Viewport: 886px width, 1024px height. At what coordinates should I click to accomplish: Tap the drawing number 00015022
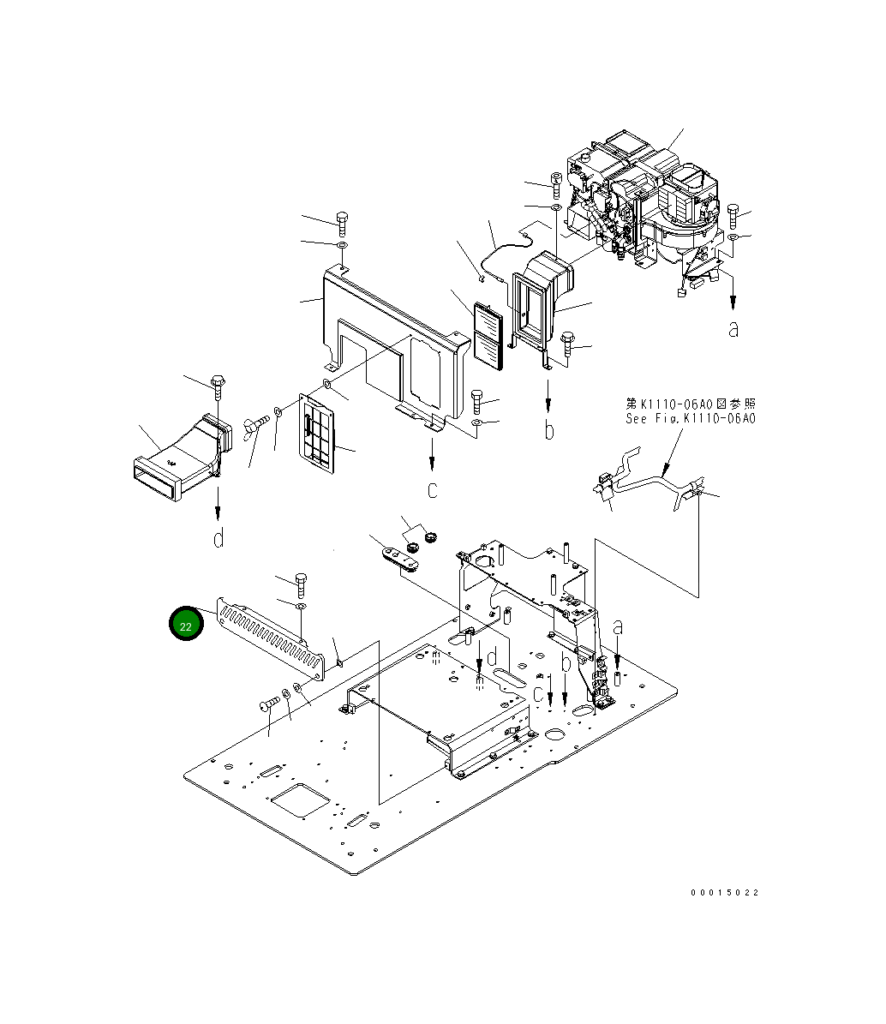click(x=725, y=893)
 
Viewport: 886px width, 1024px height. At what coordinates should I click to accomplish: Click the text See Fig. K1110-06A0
click(x=691, y=419)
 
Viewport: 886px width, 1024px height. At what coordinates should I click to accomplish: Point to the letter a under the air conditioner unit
click(x=733, y=327)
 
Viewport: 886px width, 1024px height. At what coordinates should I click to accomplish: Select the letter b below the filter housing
click(x=549, y=429)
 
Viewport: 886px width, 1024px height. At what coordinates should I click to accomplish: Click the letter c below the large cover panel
click(x=433, y=490)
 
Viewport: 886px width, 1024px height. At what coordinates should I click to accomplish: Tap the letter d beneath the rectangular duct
click(x=219, y=538)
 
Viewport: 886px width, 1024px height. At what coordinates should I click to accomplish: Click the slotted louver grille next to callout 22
click(x=272, y=638)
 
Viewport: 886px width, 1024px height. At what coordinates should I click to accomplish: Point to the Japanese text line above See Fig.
click(x=691, y=404)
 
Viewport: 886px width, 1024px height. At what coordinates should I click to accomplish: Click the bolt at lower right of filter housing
click(x=568, y=344)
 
